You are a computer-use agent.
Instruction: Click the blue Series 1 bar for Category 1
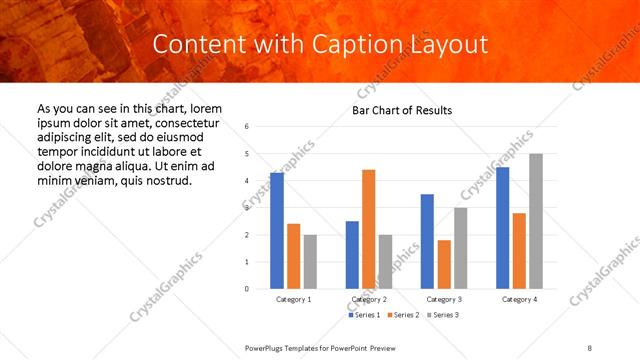click(x=277, y=231)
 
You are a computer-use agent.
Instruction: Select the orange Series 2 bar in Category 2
click(x=368, y=229)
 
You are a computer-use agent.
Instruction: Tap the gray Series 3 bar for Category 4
click(x=536, y=221)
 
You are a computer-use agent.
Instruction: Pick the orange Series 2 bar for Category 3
click(x=443, y=264)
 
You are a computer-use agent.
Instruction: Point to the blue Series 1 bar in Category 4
click(x=502, y=228)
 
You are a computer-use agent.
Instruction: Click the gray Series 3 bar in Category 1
click(x=310, y=262)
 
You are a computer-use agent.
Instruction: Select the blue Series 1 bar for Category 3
click(x=427, y=241)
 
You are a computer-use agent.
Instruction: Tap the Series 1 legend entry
click(x=364, y=315)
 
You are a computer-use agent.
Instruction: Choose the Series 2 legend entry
click(x=402, y=315)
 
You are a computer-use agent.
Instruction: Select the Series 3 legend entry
click(x=441, y=315)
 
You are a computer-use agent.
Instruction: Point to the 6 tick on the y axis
click(x=246, y=127)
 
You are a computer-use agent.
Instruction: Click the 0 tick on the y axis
click(x=246, y=289)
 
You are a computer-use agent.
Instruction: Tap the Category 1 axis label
click(x=294, y=300)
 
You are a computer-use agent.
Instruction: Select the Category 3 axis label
click(x=444, y=300)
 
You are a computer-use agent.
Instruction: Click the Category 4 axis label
click(x=519, y=300)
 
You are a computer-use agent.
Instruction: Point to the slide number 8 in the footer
click(x=589, y=347)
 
